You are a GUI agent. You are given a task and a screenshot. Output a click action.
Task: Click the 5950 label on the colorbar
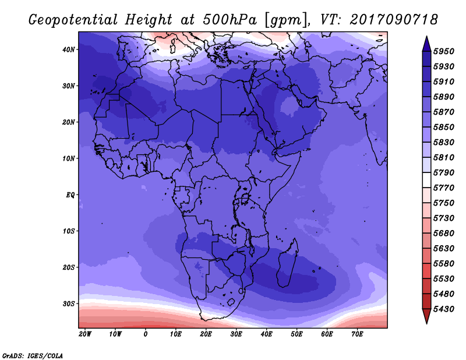pos(444,51)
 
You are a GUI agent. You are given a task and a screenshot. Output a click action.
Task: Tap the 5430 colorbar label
pos(444,309)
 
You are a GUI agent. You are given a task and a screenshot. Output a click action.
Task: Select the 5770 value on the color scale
pos(444,188)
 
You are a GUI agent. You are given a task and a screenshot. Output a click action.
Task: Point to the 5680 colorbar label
pos(444,234)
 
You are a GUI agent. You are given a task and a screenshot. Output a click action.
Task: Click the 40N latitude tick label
pos(69,50)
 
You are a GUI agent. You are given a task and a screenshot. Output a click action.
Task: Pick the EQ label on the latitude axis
pos(70,195)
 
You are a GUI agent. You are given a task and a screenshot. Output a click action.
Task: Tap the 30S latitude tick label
pos(69,304)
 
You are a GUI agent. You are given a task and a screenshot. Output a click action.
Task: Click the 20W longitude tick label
pos(85,334)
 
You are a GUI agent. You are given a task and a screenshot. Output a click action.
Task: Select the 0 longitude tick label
pos(145,334)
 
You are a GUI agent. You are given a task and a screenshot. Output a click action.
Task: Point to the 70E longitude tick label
pos(357,334)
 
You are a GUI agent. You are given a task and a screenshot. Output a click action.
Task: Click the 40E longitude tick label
pos(266,334)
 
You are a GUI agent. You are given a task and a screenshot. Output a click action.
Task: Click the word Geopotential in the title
pos(73,20)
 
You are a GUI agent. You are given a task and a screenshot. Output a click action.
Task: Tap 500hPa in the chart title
pos(230,20)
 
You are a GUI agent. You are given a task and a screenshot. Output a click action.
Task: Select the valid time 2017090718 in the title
pos(394,20)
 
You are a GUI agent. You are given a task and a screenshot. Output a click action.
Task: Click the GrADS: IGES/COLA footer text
pos(33,356)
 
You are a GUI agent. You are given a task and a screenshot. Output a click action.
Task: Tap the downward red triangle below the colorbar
pos(426,316)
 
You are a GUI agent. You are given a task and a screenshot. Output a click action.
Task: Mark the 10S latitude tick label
pos(69,231)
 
